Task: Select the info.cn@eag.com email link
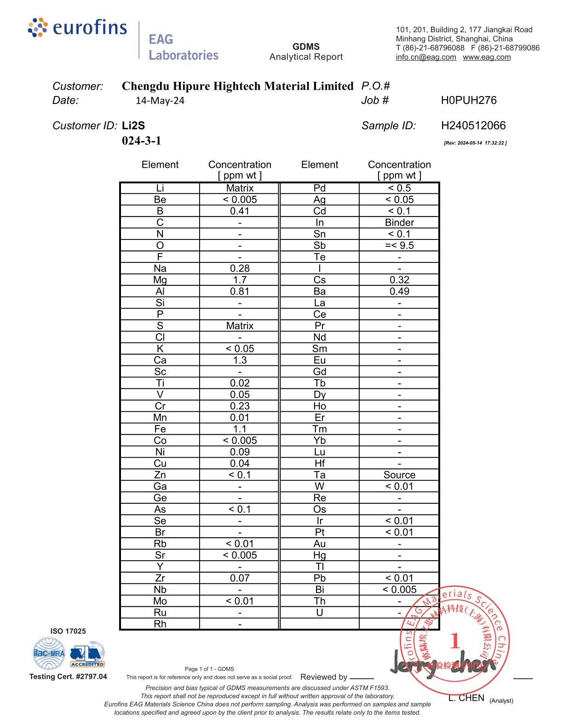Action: pos(426,57)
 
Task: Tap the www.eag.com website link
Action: pos(487,57)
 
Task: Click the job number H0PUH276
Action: pos(469,100)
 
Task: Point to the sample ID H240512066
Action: pos(473,125)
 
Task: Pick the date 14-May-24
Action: pos(160,101)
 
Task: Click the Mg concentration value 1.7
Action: pos(240,280)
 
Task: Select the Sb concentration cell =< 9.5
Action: pos(399,245)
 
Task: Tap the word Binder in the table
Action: pos(399,222)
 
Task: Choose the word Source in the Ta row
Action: pos(399,475)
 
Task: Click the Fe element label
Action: pos(160,429)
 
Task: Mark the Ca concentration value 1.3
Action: pos(240,360)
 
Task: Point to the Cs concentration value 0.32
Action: pos(399,280)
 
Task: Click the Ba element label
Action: pos(320,291)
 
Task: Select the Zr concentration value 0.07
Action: pos(240,578)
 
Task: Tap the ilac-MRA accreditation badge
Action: pos(49,653)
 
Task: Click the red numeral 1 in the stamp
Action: pos(455,641)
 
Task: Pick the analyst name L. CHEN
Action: pos(466,698)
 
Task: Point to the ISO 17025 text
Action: pos(68,631)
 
